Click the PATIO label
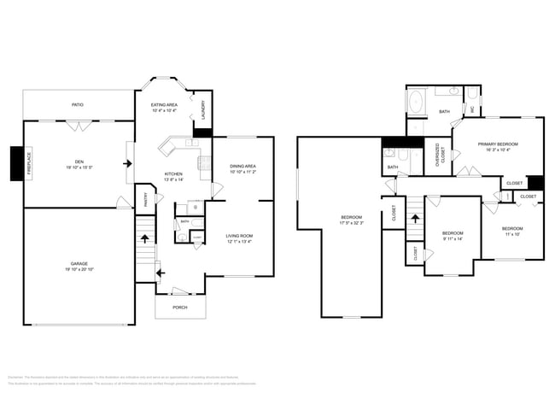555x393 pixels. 78,104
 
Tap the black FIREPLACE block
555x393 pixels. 16,163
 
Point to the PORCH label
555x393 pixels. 180,307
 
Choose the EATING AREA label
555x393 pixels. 163,104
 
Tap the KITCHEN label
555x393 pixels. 173,173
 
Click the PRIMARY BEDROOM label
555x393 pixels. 498,144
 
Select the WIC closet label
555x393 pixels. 472,109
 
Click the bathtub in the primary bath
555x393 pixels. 416,105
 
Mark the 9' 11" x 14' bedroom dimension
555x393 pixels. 453,239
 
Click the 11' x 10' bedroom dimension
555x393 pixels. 512,234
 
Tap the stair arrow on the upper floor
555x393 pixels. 416,218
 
